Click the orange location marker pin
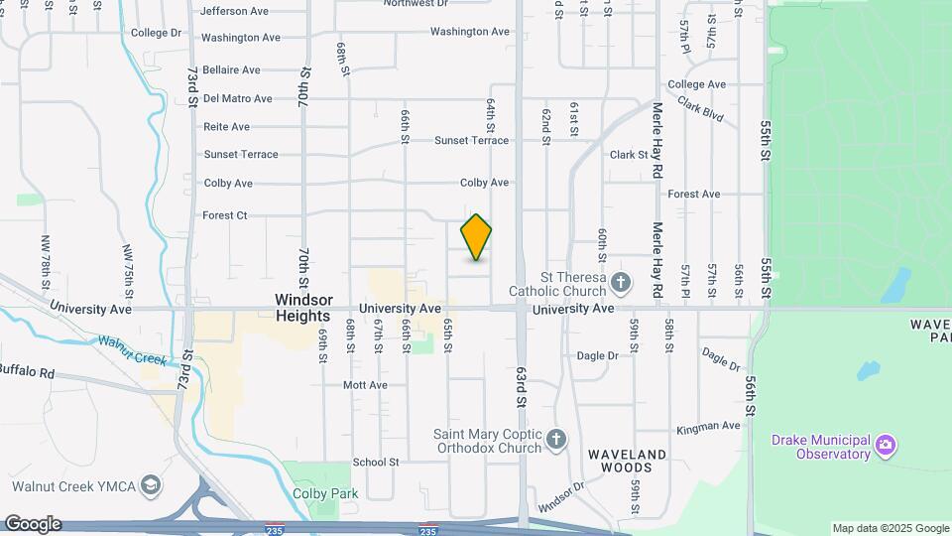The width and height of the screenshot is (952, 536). [x=476, y=237]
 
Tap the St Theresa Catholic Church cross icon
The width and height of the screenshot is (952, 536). [x=621, y=283]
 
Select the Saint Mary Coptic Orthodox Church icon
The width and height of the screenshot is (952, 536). [x=556, y=438]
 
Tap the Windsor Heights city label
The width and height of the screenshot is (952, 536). [x=302, y=308]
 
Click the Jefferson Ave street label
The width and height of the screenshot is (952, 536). [x=235, y=12]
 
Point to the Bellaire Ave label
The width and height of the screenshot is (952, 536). [x=231, y=70]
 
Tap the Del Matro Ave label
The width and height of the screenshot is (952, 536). [x=237, y=99]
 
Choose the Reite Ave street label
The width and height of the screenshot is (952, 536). [x=226, y=127]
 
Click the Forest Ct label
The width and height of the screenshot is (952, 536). [x=224, y=215]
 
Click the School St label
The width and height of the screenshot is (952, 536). [x=375, y=462]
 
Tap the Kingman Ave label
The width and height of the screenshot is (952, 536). [x=708, y=427]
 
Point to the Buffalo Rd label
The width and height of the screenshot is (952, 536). [x=27, y=370]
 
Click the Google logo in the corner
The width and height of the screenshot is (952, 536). [x=32, y=524]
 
